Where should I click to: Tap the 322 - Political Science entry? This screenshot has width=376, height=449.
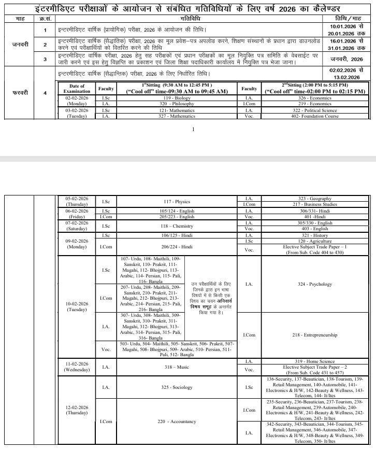(314, 110)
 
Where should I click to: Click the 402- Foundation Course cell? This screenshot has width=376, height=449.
(314, 116)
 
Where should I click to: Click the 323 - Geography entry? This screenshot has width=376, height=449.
(314, 198)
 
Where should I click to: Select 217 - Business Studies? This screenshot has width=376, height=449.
(314, 204)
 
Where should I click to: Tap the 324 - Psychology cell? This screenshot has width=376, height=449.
(314, 284)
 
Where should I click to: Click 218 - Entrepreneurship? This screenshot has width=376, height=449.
(314, 335)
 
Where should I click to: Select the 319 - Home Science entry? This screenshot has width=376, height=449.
(314, 361)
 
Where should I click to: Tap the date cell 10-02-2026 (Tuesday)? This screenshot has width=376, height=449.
(77, 306)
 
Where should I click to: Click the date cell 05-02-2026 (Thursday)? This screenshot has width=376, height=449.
(77, 201)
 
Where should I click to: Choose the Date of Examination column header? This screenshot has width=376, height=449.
(77, 88)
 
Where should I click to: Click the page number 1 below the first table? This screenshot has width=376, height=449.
(192, 130)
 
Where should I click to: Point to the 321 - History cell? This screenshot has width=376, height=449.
(314, 235)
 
